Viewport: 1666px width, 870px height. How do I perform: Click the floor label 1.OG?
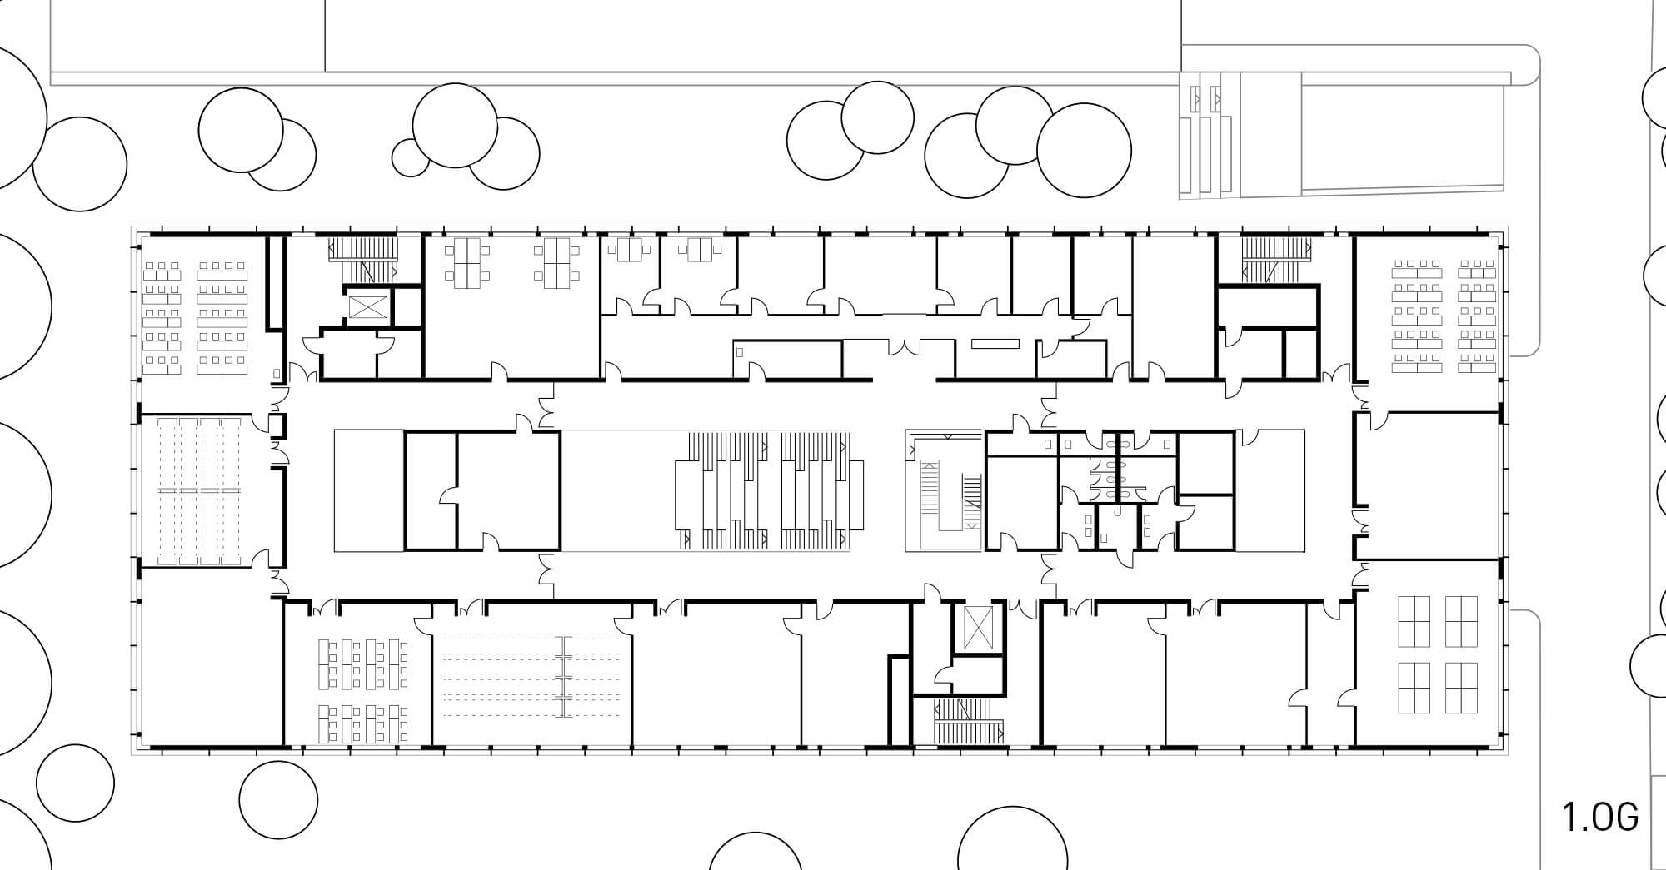pos(1600,818)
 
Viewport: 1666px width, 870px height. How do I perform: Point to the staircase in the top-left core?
pos(364,258)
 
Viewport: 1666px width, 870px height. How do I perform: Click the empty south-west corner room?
pos(212,658)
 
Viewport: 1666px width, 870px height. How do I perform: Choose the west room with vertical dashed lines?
pos(201,491)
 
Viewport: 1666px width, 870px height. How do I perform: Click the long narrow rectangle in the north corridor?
pos(995,344)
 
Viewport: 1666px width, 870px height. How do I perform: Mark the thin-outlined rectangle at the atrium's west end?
pos(369,490)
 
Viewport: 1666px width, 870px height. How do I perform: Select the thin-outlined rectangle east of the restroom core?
pos(1269,490)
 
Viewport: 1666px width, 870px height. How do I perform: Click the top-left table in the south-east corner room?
pos(1413,621)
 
